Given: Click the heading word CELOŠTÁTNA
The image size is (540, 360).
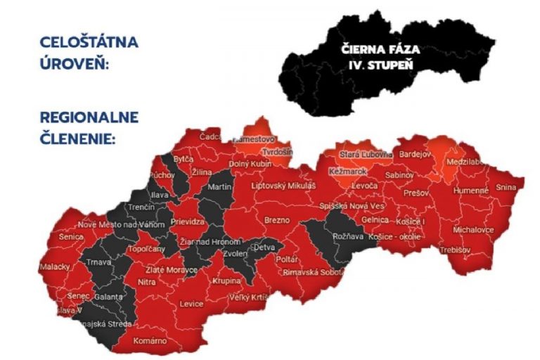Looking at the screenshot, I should [x=89, y=41].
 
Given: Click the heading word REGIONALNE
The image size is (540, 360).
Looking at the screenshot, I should [x=89, y=117].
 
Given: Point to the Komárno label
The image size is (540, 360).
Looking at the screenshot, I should [x=150, y=340].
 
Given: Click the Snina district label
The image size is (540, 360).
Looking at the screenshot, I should [x=506, y=188].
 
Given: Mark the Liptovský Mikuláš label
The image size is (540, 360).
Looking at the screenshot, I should [x=284, y=186].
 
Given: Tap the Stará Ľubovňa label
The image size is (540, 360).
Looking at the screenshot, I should [x=366, y=154].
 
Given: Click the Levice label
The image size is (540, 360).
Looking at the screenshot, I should [x=191, y=304].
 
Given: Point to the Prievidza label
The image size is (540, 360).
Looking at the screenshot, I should [x=188, y=221].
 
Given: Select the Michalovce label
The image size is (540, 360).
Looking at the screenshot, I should [x=473, y=230].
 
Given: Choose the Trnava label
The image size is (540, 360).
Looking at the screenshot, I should [x=99, y=262].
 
